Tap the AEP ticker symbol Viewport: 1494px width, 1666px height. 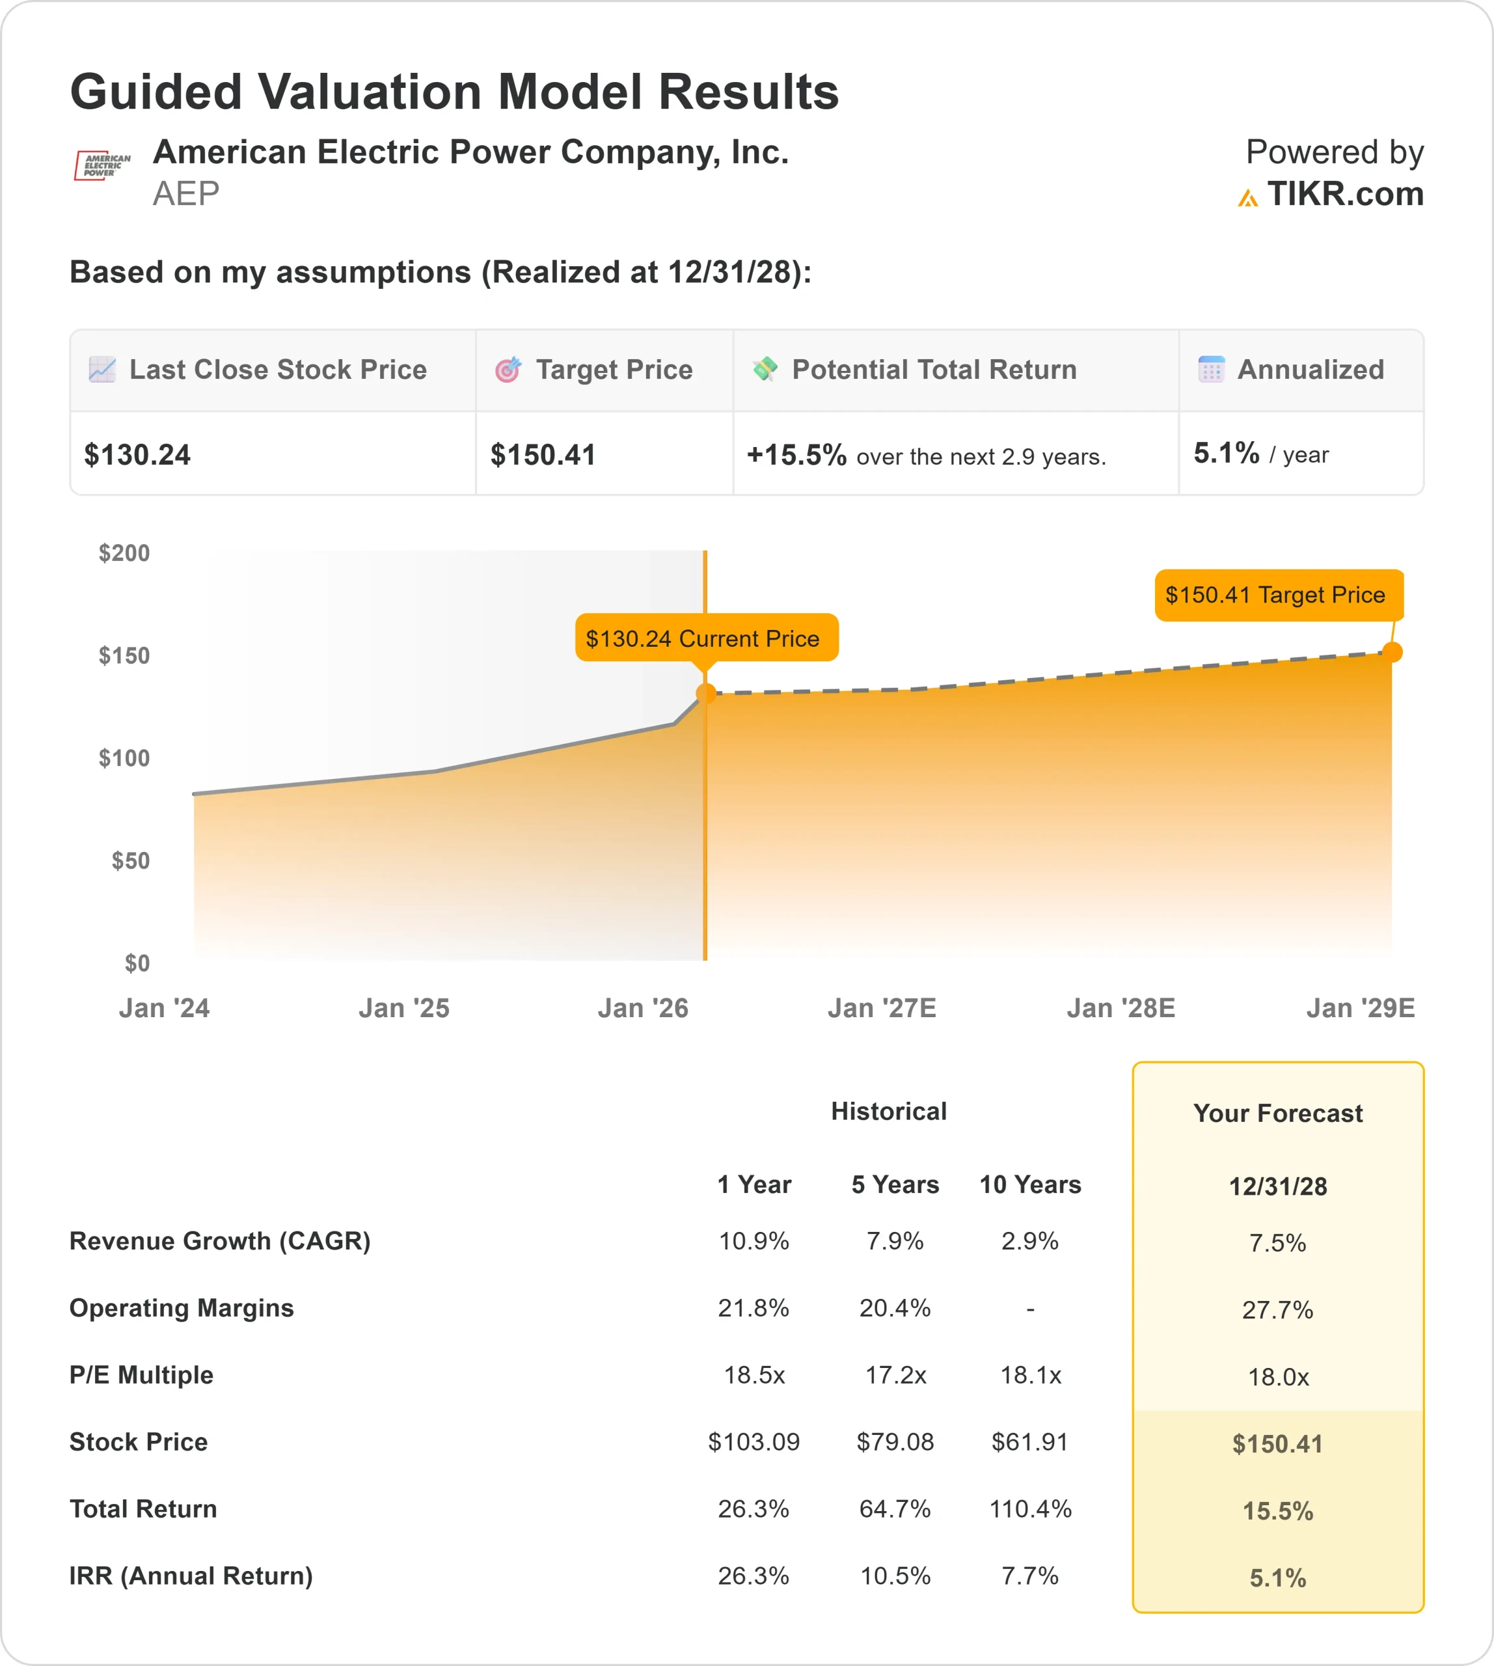pos(186,194)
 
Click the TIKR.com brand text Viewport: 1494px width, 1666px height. pos(1344,195)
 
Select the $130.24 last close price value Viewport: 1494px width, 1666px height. pos(137,455)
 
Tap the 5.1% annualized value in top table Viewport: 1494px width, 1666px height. pos(1225,453)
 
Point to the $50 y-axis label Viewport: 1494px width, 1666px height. pos(131,860)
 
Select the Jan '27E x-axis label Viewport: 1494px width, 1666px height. pos(882,1007)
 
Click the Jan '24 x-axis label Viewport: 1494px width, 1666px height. pos(164,1007)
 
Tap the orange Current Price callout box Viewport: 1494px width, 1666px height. pos(706,638)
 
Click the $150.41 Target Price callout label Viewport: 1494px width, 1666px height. pos(1278,594)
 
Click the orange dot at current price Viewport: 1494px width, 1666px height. pos(705,694)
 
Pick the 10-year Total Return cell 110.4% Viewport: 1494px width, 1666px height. pos(1030,1509)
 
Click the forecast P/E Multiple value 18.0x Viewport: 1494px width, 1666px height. pos(1277,1377)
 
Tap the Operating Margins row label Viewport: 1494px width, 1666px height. pos(182,1308)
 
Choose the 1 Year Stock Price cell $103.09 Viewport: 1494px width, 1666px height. pos(754,1442)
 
